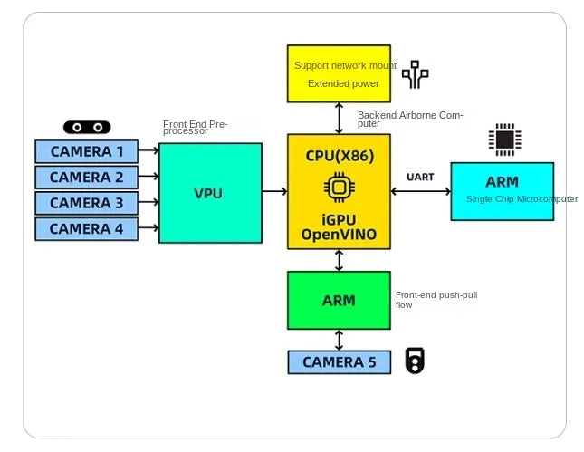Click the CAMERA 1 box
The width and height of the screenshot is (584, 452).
click(x=86, y=151)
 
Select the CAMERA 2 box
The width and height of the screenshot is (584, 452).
click(x=86, y=177)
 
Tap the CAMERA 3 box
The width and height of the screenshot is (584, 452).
click(x=86, y=203)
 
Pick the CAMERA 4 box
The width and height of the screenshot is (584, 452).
click(x=86, y=228)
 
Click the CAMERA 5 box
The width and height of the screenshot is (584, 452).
click(x=339, y=362)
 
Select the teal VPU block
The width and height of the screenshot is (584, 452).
click(x=209, y=193)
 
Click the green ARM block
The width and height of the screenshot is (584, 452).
click(x=339, y=300)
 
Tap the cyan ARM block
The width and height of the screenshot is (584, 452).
click(x=502, y=190)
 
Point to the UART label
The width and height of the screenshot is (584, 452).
click(x=421, y=176)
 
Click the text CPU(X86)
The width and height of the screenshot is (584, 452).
click(x=340, y=155)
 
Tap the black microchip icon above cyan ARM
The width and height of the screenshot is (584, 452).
click(x=503, y=139)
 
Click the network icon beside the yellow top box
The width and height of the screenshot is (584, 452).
click(x=415, y=74)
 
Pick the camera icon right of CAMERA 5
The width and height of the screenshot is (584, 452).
click(x=415, y=361)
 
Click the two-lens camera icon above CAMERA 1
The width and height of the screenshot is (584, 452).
click(x=86, y=128)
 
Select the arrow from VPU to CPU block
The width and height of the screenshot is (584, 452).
click(x=274, y=191)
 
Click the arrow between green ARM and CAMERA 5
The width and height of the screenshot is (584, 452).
click(x=339, y=340)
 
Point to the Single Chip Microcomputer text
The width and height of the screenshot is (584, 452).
click(x=522, y=199)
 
